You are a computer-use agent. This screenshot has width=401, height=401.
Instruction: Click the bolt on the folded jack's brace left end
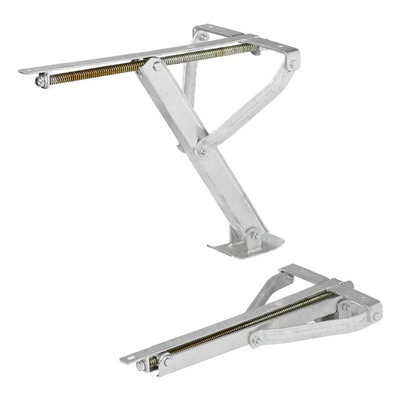click(x=255, y=341)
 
